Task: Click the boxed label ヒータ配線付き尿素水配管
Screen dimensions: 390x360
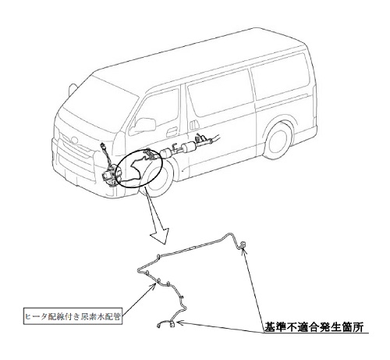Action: pyautogui.click(x=73, y=316)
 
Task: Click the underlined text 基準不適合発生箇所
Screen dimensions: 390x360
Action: pyautogui.click(x=314, y=327)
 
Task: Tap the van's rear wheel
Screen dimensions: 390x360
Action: pyautogui.click(x=279, y=141)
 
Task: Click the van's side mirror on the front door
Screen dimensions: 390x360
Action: pyautogui.click(x=144, y=125)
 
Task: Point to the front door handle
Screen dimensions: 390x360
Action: pyautogui.click(x=172, y=131)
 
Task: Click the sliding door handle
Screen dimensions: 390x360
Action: pyautogui.click(x=193, y=125)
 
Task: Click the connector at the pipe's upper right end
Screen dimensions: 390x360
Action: pyautogui.click(x=243, y=244)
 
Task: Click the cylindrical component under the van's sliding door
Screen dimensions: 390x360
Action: pyautogui.click(x=188, y=148)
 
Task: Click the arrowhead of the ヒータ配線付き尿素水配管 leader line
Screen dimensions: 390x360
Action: pyautogui.click(x=154, y=286)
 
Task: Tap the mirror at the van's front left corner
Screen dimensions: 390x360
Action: pyautogui.click(x=72, y=89)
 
